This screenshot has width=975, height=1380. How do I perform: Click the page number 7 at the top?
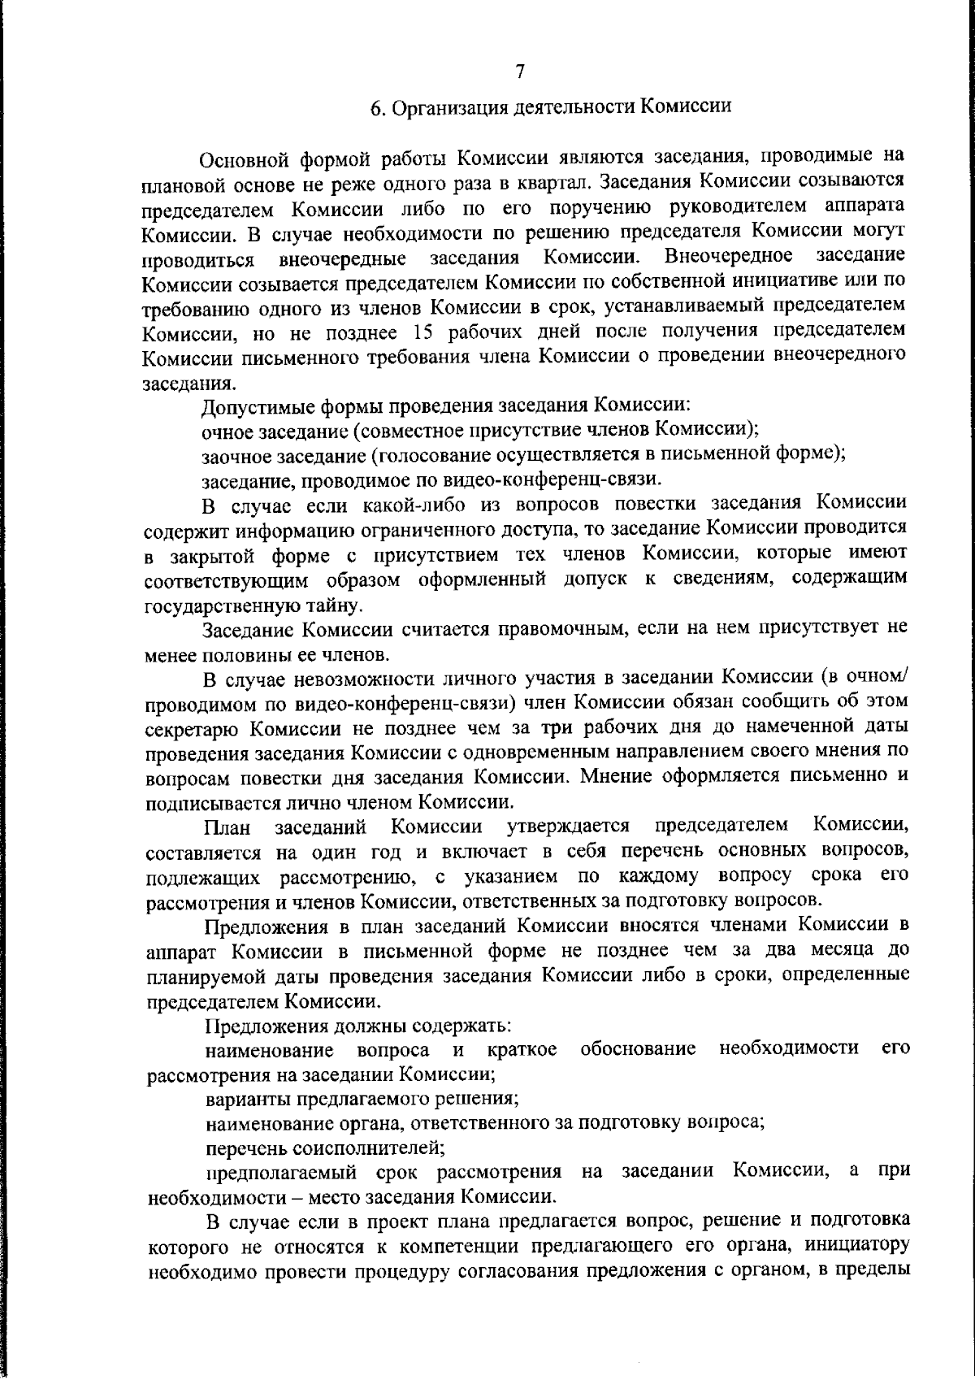coord(520,72)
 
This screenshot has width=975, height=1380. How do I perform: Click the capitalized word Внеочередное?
coord(728,257)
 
